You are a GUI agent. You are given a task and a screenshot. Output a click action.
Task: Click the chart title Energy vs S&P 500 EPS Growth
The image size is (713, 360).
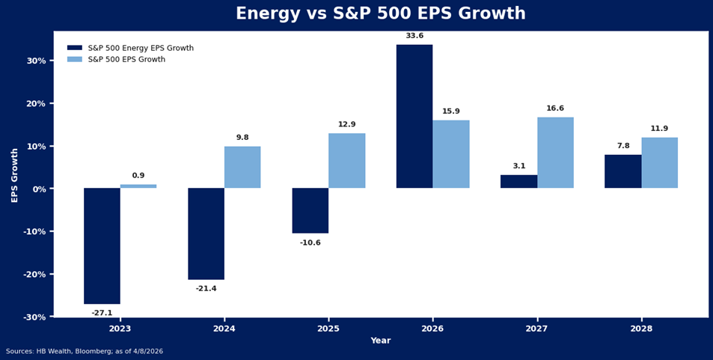coord(380,14)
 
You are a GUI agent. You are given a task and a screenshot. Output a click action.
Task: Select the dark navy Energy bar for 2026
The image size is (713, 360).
coord(414,116)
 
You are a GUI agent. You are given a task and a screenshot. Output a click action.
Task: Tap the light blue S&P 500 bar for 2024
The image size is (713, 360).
coord(242,167)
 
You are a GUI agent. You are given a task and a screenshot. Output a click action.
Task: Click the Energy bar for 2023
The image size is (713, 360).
coord(102,245)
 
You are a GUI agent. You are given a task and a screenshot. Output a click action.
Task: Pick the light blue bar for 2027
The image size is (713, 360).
coord(555,153)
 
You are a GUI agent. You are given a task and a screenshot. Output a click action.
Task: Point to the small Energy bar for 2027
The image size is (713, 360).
coord(518,181)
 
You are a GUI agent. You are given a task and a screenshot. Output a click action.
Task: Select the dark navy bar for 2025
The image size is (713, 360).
coord(310,210)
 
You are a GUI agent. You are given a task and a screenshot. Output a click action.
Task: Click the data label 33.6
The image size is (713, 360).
coord(414,36)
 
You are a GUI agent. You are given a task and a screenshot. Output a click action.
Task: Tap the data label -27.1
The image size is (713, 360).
coord(102,313)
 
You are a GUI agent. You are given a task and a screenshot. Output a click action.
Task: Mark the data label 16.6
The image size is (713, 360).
coord(555,109)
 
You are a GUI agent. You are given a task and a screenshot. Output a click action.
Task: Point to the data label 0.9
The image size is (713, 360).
coord(138,176)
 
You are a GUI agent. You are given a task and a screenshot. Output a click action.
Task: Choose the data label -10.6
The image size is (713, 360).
coord(310,242)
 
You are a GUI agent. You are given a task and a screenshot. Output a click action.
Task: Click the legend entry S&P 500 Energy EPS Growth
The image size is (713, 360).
coord(141,48)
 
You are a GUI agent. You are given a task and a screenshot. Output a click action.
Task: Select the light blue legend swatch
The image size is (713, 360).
coord(75,59)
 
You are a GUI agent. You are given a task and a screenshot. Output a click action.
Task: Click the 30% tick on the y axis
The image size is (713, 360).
coord(37,61)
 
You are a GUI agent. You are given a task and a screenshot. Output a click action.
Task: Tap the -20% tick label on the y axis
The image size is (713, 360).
coord(34,274)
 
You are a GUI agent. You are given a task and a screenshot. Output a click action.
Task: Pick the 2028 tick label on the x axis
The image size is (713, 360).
coord(641,329)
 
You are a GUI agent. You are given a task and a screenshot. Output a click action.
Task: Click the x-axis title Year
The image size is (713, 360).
coord(380,341)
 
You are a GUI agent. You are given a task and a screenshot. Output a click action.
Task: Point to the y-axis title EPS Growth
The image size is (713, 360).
coord(15,174)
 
